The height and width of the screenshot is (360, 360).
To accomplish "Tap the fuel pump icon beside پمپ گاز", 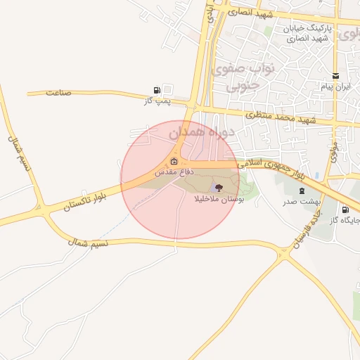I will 156,90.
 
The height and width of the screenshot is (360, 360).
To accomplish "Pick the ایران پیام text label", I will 335,86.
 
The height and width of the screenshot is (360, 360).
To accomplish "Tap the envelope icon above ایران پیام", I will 335,76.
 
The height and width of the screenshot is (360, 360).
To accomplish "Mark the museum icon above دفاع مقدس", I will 174,161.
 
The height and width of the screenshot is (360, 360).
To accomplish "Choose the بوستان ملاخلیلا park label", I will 217,200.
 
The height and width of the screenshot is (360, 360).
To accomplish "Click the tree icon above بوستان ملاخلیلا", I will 217,188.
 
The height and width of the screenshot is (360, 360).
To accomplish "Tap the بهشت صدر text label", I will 302,201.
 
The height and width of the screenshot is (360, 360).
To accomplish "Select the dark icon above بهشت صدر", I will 302,191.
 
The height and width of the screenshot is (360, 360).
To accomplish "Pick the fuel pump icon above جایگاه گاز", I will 345,210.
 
